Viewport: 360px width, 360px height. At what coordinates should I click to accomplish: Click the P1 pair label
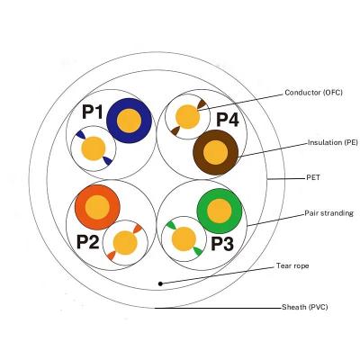[93, 112]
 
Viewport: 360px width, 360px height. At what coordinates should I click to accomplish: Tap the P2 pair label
[87, 242]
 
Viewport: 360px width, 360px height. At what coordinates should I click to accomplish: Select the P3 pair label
[222, 244]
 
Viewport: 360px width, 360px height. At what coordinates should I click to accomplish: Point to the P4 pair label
[228, 120]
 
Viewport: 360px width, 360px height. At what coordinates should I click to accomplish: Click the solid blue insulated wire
[129, 121]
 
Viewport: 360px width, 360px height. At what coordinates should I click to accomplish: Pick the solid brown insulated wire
[215, 152]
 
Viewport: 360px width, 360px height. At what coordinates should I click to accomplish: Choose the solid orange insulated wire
[97, 207]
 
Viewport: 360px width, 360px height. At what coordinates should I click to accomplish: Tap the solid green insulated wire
[220, 211]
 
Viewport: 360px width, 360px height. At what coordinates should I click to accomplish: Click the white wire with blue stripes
[94, 148]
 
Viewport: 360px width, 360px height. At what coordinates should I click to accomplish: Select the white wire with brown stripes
[187, 117]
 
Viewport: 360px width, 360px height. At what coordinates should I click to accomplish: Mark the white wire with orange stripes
[125, 243]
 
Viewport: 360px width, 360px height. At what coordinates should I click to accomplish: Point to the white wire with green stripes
[184, 238]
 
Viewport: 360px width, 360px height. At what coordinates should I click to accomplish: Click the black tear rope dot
[160, 283]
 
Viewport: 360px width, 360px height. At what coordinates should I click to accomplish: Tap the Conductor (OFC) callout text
[313, 93]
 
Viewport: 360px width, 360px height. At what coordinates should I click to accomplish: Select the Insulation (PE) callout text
[333, 142]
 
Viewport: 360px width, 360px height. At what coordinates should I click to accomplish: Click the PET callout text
[313, 177]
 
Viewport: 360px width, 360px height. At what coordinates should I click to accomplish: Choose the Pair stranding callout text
[329, 213]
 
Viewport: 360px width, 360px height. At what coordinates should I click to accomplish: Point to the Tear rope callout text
[292, 265]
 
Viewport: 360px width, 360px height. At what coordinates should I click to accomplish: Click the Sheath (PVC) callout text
[305, 307]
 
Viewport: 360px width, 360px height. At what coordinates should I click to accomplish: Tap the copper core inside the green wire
[220, 211]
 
